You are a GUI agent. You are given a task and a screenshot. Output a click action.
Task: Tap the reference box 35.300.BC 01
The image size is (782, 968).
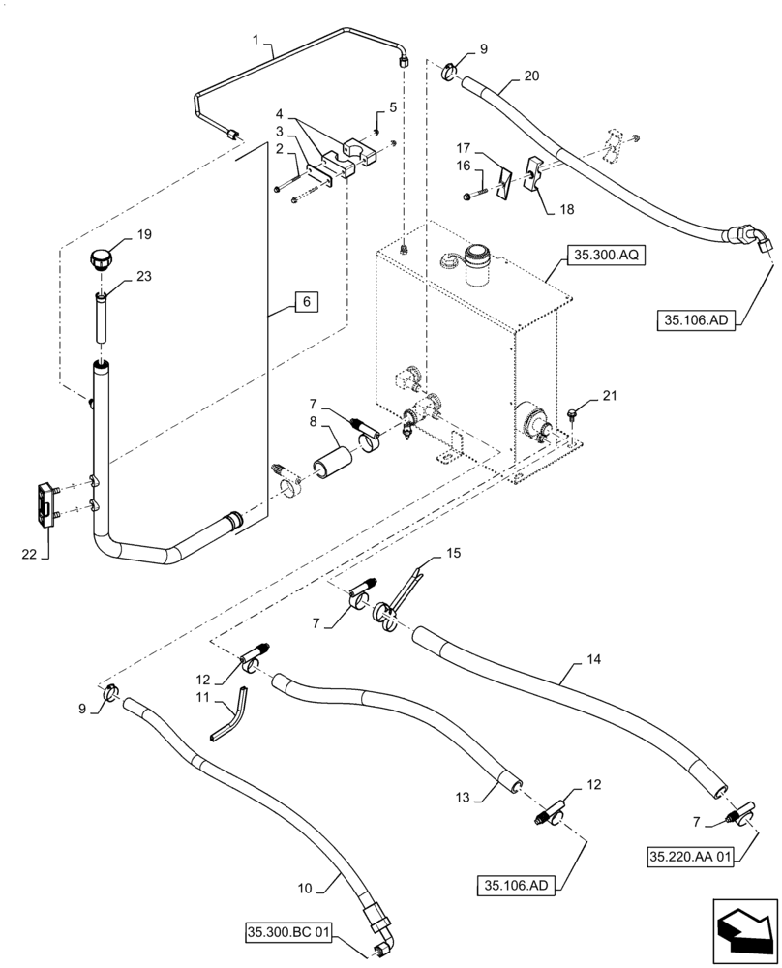(x=288, y=933)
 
